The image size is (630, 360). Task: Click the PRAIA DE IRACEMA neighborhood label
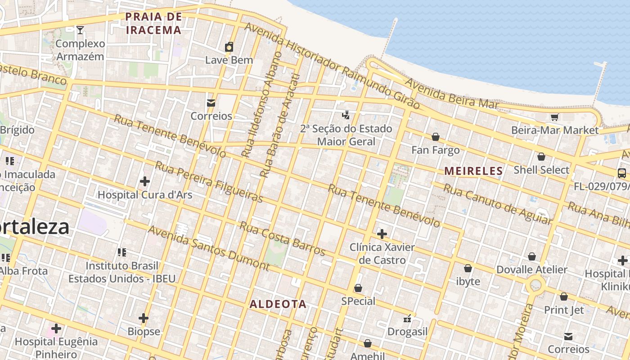tap(153, 23)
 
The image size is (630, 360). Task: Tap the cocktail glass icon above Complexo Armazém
tap(80, 30)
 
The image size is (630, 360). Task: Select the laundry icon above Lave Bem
tap(229, 47)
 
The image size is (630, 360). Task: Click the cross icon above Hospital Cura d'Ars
tap(145, 181)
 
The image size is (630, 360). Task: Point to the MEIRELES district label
tap(473, 171)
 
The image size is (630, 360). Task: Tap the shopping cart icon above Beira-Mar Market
tap(554, 117)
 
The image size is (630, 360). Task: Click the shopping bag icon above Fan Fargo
tap(435, 137)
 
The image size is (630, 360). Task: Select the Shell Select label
tap(541, 170)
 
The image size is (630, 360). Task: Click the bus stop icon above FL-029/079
tap(621, 173)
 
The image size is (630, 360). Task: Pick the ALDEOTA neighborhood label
tap(278, 304)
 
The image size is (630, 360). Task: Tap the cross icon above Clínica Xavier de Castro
tap(382, 234)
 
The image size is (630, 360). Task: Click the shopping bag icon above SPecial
tap(358, 288)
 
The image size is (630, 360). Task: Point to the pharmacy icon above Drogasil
tap(408, 319)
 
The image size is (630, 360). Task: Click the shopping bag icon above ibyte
tap(468, 268)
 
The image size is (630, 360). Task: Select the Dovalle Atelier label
tap(531, 270)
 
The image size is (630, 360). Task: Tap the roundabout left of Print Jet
tap(535, 285)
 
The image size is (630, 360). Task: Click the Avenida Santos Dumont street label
tap(209, 248)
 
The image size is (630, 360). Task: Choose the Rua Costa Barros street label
tap(282, 238)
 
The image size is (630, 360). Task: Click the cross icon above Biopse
tap(144, 318)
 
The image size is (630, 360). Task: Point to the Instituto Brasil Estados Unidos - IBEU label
tap(122, 272)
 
